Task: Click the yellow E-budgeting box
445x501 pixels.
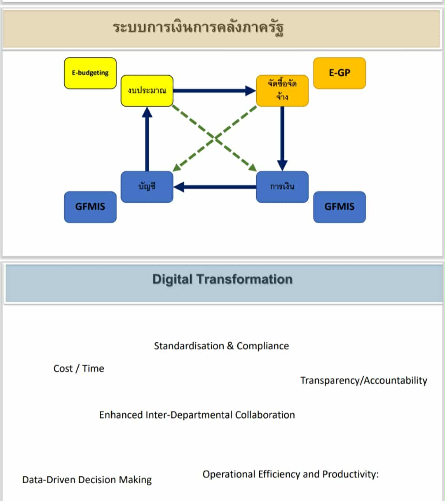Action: point(90,73)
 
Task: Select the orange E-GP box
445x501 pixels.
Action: point(340,73)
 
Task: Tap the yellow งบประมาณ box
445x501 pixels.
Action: point(147,91)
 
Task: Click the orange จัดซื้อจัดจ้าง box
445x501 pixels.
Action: point(282,91)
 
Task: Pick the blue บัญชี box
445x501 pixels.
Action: point(147,187)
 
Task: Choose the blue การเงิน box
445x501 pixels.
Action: point(282,187)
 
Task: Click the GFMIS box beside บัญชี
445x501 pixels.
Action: point(90,207)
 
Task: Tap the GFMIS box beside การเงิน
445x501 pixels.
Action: point(340,207)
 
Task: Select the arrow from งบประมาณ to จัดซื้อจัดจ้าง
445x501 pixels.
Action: point(214,91)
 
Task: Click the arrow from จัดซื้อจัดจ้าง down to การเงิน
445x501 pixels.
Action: point(282,139)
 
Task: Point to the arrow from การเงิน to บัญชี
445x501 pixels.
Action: point(215,187)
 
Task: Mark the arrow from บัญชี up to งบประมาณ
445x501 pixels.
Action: point(147,139)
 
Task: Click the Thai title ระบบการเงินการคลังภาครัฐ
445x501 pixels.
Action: point(198,28)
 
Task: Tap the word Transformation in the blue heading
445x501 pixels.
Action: point(244,279)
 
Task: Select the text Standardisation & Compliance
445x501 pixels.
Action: point(221,346)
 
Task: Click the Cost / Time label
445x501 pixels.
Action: point(79,368)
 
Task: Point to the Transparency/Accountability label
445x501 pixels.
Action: point(363,381)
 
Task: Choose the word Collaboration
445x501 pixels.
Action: point(265,415)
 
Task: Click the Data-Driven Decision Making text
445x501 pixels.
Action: point(87,480)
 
